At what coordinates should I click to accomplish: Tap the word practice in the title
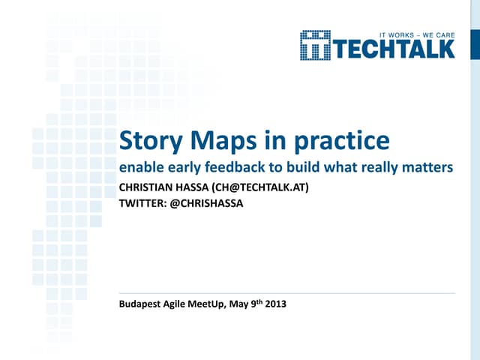click(x=341, y=141)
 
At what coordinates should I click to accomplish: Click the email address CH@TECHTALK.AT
click(x=259, y=187)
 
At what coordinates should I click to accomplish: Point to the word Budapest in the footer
click(x=142, y=304)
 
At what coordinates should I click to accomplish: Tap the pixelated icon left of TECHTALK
click(x=315, y=45)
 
